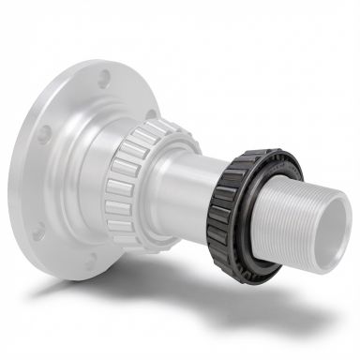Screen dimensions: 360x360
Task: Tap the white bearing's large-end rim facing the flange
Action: point(108,187)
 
